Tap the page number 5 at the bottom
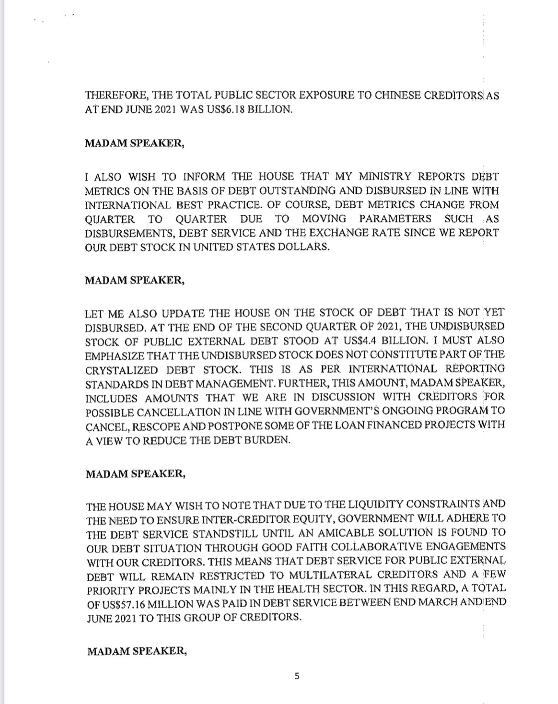coord(297,676)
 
